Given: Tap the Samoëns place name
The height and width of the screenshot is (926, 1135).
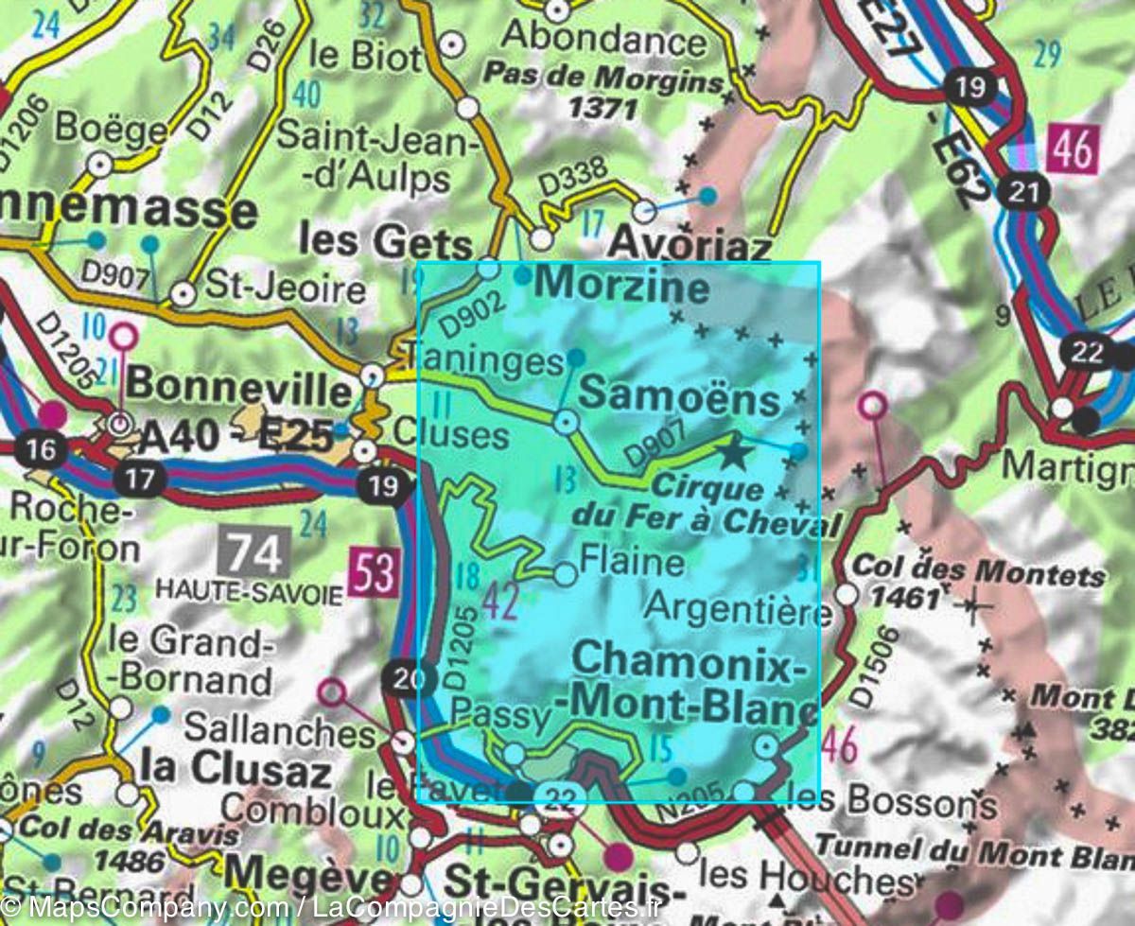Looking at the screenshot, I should (x=679, y=398).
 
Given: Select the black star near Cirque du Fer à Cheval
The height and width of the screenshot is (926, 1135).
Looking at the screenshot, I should (x=733, y=453).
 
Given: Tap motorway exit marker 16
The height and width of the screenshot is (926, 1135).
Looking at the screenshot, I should (x=41, y=448).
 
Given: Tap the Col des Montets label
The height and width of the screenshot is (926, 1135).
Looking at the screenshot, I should (x=979, y=573).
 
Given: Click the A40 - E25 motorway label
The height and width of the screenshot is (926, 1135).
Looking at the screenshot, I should (x=236, y=437).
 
